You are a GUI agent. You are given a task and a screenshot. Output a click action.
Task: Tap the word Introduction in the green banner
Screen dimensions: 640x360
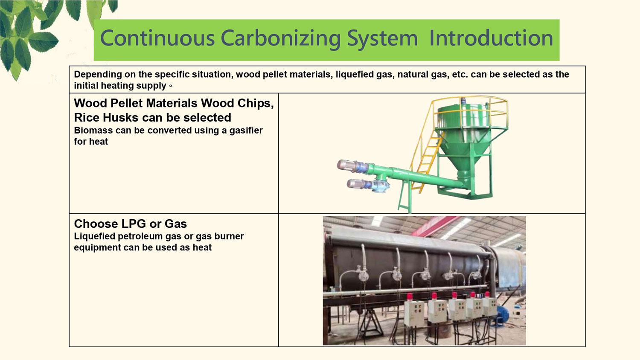[x=491, y=38]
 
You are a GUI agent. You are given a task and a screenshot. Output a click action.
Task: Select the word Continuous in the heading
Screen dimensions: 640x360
[x=157, y=38]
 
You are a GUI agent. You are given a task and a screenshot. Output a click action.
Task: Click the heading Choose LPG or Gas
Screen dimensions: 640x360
[x=130, y=224]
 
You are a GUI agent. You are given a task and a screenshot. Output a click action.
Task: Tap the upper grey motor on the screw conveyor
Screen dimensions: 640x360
[x=352, y=166]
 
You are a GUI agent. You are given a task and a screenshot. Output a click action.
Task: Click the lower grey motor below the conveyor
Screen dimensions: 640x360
[x=359, y=184]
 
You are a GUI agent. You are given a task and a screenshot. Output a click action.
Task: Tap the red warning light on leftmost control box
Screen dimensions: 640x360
[x=410, y=296]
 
